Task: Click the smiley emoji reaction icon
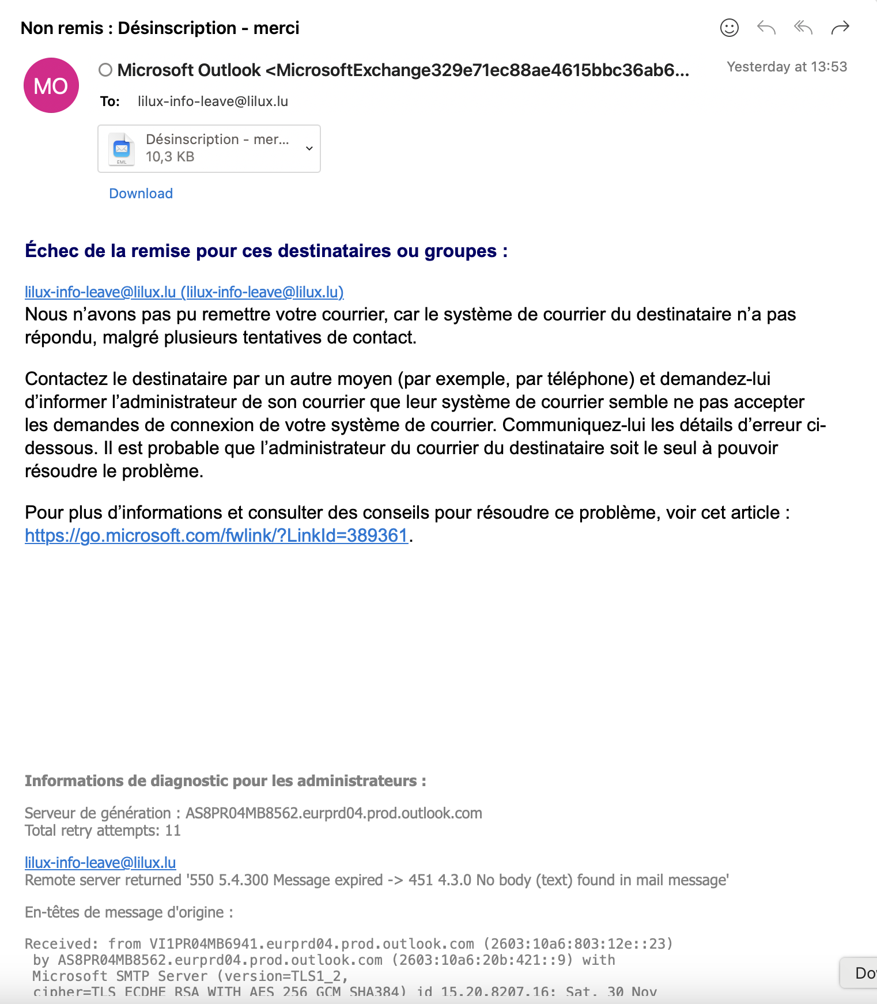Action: pyautogui.click(x=729, y=28)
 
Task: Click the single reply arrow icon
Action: pyautogui.click(x=766, y=28)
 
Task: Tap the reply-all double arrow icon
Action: pyautogui.click(x=803, y=28)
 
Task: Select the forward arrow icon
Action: pyautogui.click(x=840, y=28)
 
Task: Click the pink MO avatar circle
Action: pyautogui.click(x=51, y=86)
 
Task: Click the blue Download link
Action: pyautogui.click(x=141, y=194)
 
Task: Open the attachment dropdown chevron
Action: pyautogui.click(x=309, y=149)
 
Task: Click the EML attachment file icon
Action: pyautogui.click(x=122, y=149)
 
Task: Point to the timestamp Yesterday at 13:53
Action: pyautogui.click(x=787, y=67)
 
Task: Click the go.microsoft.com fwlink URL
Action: pyautogui.click(x=216, y=536)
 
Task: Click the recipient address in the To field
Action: pyautogui.click(x=213, y=101)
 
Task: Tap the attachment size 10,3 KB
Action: pyautogui.click(x=170, y=157)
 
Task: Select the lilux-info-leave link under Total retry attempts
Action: pyautogui.click(x=100, y=863)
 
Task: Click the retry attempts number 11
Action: pyautogui.click(x=173, y=831)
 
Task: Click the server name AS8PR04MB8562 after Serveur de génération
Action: pyautogui.click(x=334, y=813)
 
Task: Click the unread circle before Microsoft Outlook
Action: pyautogui.click(x=105, y=70)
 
